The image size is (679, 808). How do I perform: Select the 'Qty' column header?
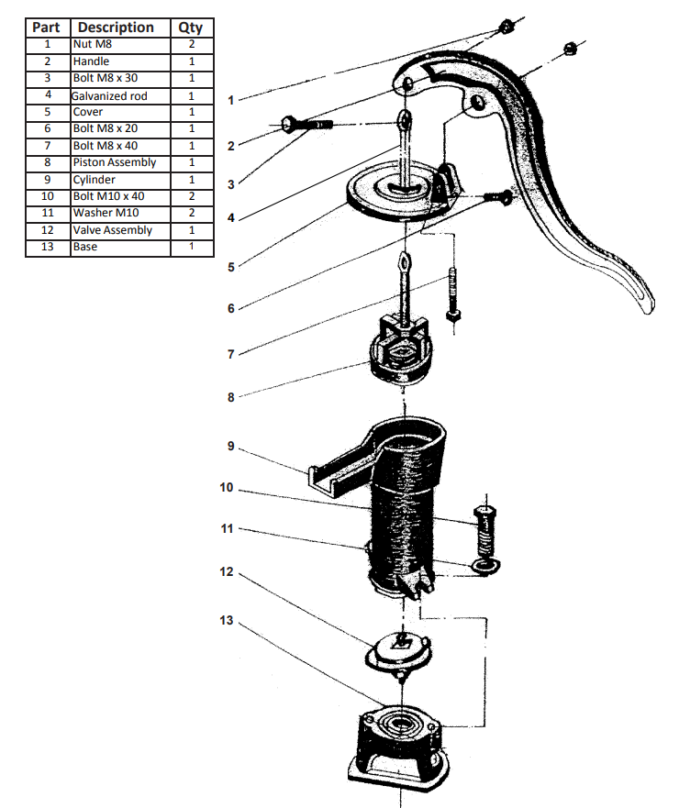(191, 27)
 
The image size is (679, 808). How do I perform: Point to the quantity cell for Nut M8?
(191, 44)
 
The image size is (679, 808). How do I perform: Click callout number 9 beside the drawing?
(231, 447)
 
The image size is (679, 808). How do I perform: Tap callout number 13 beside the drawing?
(227, 621)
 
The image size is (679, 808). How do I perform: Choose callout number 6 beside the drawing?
(231, 308)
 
